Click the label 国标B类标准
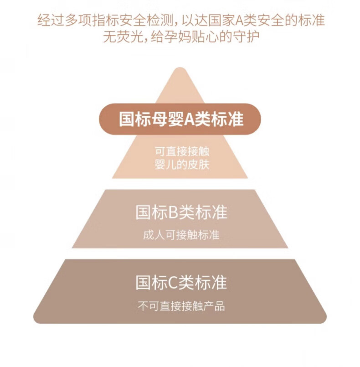tap(181, 212)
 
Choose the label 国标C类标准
tap(181, 283)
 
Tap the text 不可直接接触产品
tap(181, 306)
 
